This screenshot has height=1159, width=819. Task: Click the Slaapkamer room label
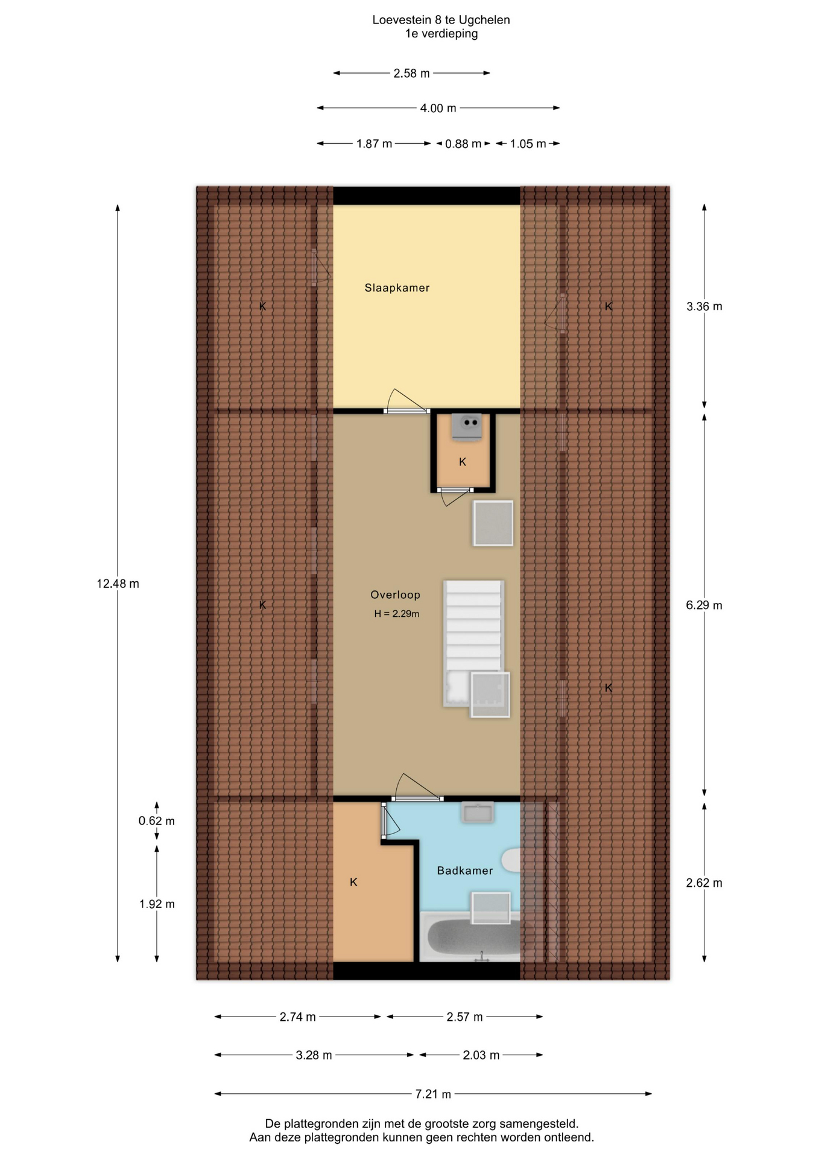point(397,288)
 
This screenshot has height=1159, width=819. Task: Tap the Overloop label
point(395,595)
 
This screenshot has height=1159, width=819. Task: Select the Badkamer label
point(465,870)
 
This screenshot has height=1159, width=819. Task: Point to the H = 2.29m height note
point(397,614)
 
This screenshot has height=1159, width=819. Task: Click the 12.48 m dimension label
point(118,584)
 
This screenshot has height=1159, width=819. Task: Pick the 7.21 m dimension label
point(433,1094)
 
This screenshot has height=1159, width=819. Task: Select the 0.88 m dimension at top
point(463,144)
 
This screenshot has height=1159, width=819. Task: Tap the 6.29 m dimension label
point(704,605)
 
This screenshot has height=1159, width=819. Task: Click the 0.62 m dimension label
point(157,821)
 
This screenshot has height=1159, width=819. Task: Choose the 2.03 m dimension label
point(481,1055)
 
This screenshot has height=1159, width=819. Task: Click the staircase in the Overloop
point(473,643)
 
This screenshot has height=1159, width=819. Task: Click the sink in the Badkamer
point(478,812)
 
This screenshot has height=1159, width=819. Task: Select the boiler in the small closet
point(467,426)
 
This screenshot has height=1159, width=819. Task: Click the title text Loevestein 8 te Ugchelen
point(441,20)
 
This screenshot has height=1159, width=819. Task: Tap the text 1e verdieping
point(441,34)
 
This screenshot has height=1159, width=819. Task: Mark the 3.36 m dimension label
point(704,306)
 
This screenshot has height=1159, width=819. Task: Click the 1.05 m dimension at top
point(528,144)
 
